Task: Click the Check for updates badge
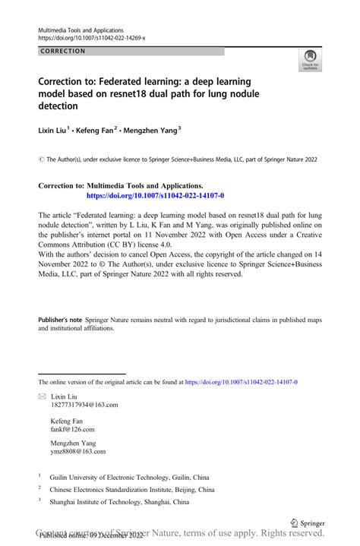310,59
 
